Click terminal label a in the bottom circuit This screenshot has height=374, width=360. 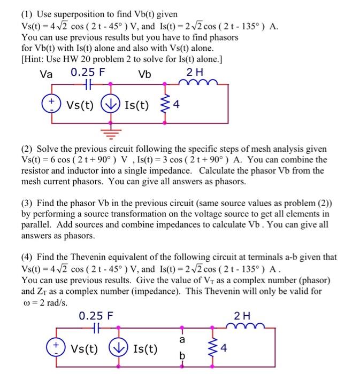[x=182, y=339]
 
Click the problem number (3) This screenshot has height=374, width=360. [x=29, y=203]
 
